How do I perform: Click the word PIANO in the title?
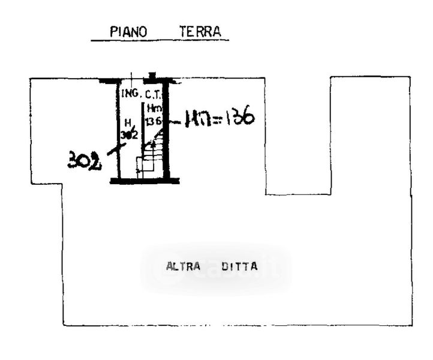[x=128, y=32]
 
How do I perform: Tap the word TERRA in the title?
[x=200, y=32]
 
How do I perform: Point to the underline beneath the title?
[x=160, y=41]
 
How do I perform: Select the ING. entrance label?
[x=130, y=94]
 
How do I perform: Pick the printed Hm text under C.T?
[x=155, y=109]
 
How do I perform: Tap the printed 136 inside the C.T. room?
[x=154, y=121]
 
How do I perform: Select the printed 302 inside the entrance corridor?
[x=128, y=134]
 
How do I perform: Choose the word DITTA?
[x=239, y=266]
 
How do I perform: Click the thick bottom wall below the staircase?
[x=145, y=180]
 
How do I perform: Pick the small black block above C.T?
[x=152, y=76]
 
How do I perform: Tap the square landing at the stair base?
[x=142, y=166]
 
